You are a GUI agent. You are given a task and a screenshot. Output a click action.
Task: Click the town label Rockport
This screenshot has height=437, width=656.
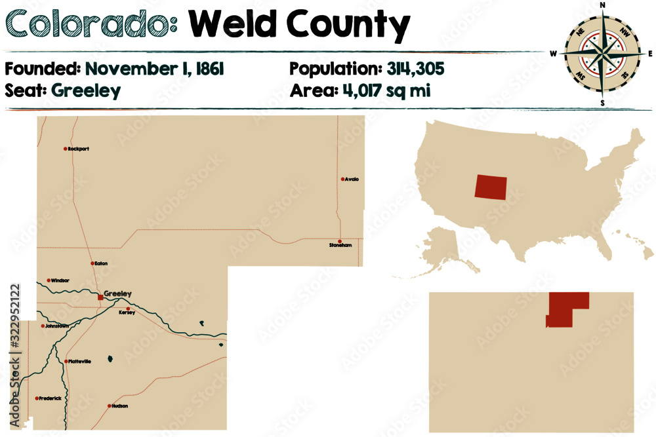(x=79, y=149)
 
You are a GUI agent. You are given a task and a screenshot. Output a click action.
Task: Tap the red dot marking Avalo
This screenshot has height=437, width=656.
(x=342, y=179)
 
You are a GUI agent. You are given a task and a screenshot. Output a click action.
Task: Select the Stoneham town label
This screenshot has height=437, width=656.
(x=340, y=246)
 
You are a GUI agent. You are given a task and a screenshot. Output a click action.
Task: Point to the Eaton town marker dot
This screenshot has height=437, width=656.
(x=92, y=263)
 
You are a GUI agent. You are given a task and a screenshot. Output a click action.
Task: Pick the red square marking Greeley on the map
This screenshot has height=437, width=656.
(x=100, y=297)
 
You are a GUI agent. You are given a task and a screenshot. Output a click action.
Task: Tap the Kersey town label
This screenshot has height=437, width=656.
(x=127, y=313)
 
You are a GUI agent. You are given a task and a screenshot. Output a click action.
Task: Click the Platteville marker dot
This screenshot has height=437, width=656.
(x=66, y=361)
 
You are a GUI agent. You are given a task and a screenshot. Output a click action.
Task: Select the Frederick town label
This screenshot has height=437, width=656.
(x=51, y=398)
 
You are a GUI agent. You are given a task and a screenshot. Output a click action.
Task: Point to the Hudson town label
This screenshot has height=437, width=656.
(x=120, y=406)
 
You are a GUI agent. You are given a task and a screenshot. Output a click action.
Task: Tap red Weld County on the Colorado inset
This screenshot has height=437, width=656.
(x=566, y=308)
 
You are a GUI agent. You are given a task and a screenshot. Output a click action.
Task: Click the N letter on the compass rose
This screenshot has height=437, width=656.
(x=603, y=6)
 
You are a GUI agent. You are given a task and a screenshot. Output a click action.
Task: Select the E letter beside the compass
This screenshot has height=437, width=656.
(x=651, y=53)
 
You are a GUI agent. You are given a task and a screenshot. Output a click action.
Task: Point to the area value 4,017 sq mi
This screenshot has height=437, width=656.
(x=386, y=90)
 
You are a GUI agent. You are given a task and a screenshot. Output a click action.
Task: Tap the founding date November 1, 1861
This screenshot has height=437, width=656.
(x=155, y=69)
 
